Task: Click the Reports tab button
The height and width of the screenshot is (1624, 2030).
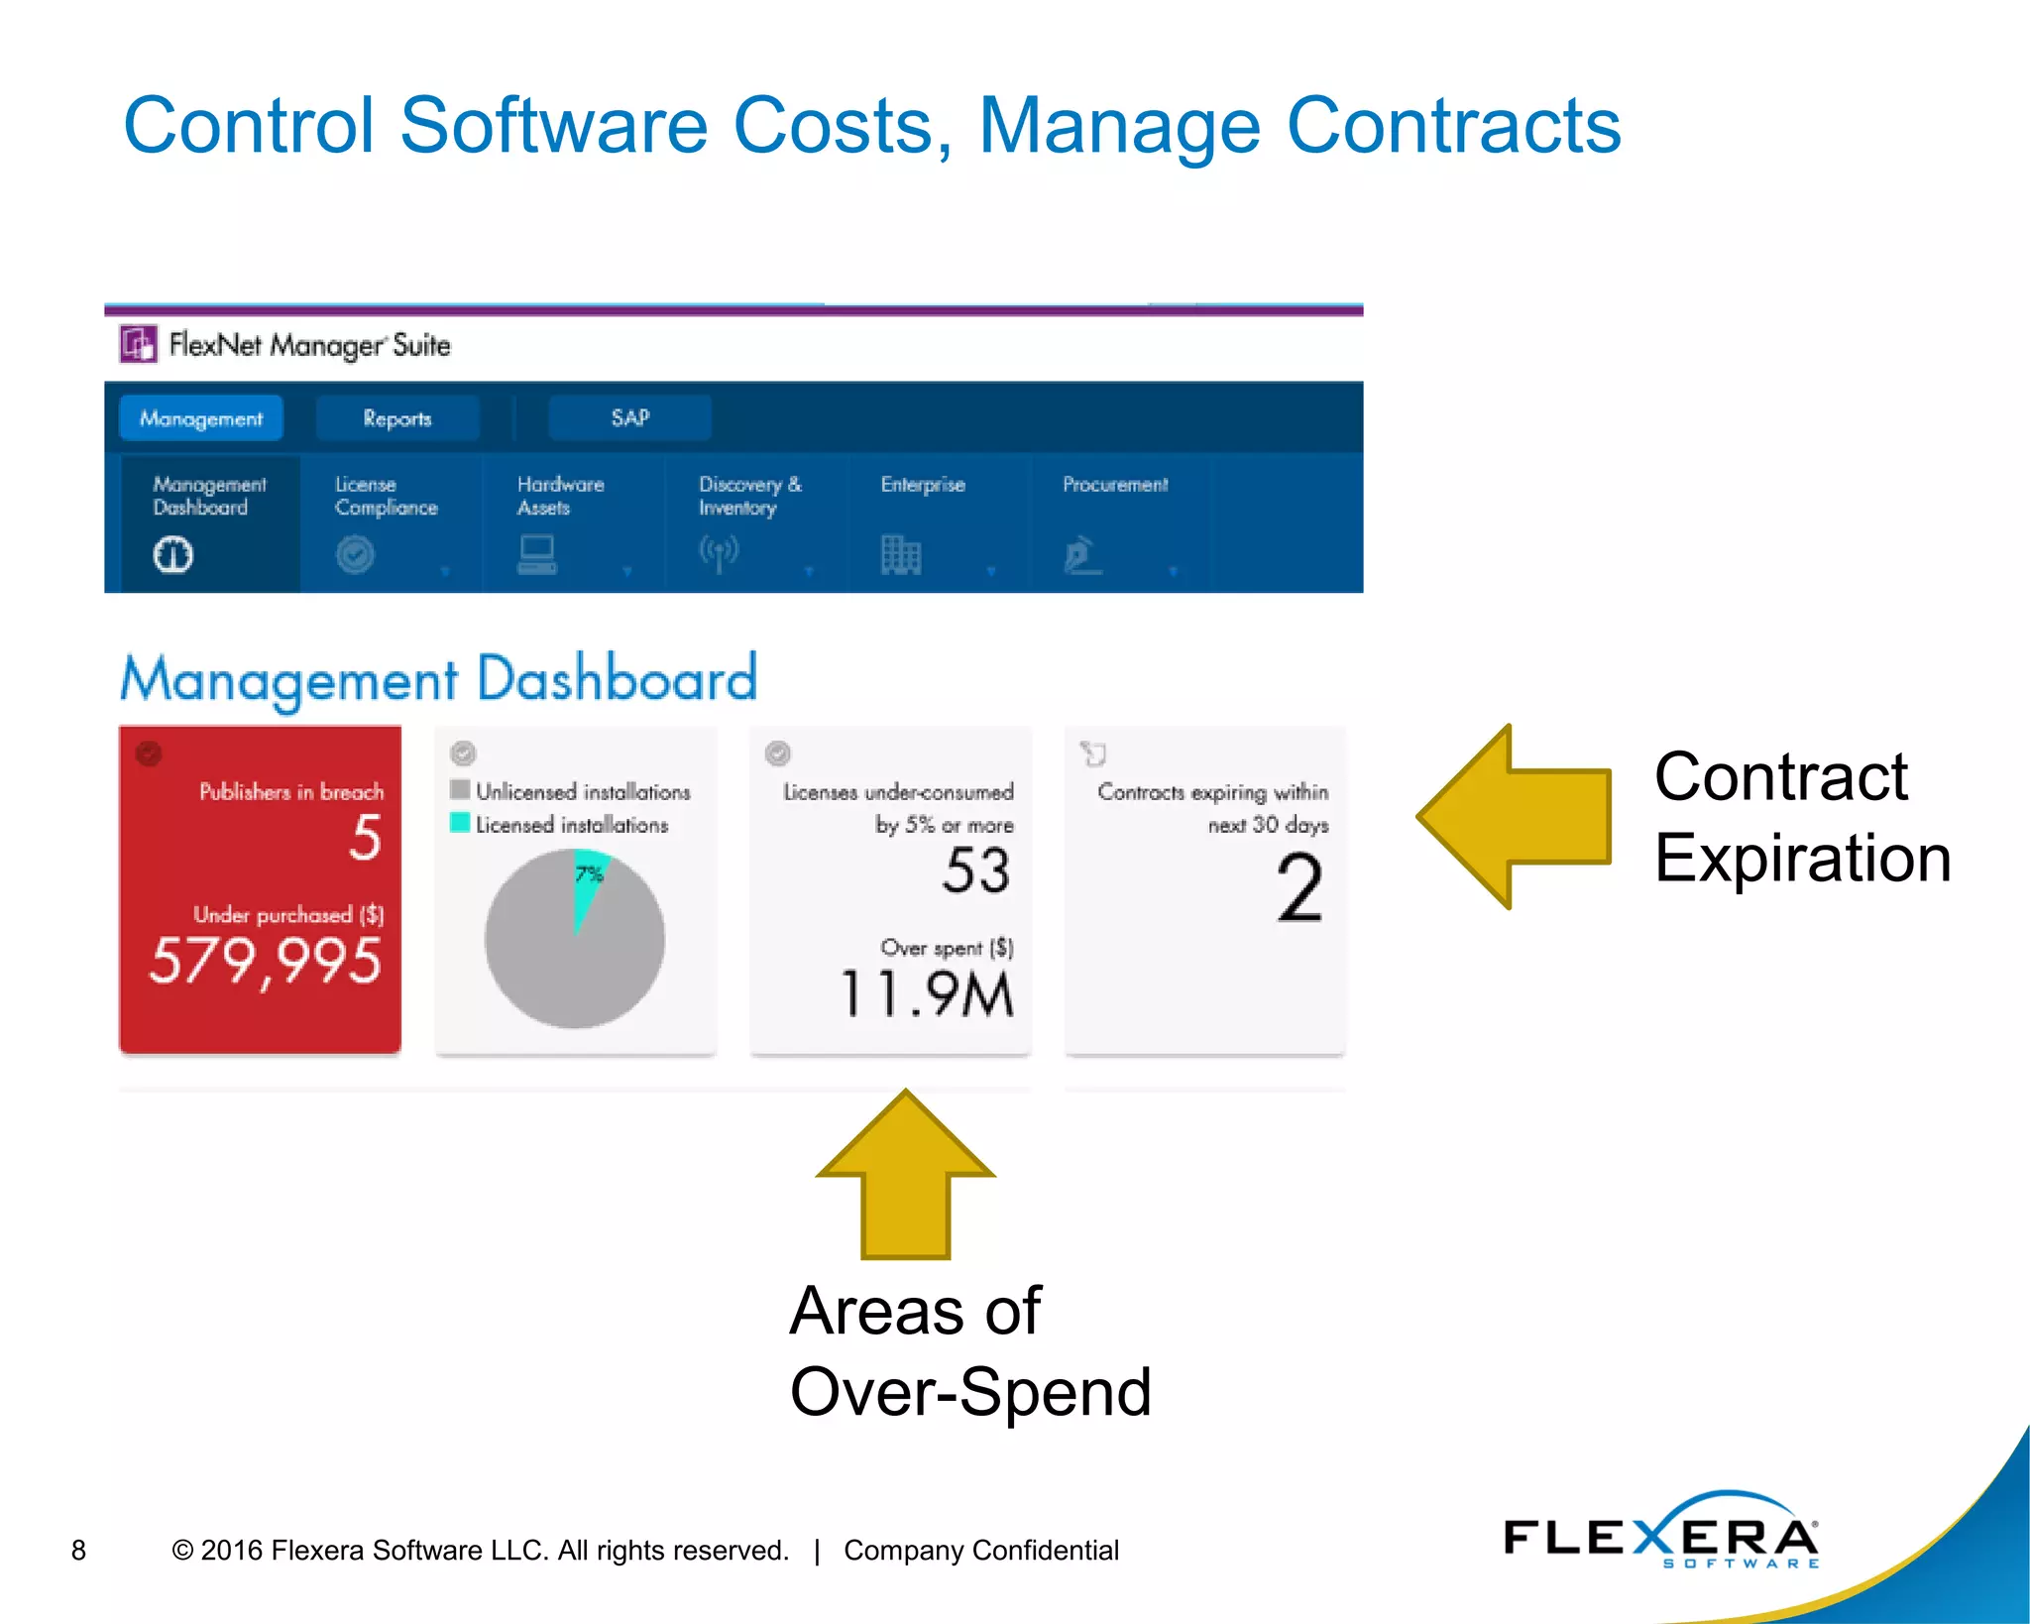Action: [x=397, y=418]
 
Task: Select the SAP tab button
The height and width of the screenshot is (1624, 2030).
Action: [x=629, y=418]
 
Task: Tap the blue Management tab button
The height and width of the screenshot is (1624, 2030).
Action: [x=201, y=418]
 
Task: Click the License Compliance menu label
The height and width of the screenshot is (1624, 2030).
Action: [x=386, y=496]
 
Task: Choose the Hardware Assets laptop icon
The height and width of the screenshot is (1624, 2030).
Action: [x=537, y=554]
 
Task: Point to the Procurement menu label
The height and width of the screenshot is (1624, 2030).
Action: [x=1115, y=485]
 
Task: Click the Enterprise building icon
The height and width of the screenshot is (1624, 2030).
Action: [x=901, y=554]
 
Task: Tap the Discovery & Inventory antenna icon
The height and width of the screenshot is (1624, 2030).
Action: [x=719, y=553]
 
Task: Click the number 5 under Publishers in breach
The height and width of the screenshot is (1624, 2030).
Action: [x=366, y=838]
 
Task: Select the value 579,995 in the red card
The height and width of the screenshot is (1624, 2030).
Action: [x=265, y=962]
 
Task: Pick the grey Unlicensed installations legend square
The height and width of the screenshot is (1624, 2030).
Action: [x=460, y=790]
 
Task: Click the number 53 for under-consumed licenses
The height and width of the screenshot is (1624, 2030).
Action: [x=976, y=871]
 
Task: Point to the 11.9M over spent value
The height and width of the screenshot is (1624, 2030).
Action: [x=928, y=993]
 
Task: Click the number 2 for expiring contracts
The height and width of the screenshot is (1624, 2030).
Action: [x=1299, y=889]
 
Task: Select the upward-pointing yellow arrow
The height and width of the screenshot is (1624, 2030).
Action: [x=906, y=1175]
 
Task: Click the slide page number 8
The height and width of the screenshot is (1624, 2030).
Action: [x=79, y=1550]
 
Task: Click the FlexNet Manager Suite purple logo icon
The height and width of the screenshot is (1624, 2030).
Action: [x=139, y=344]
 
